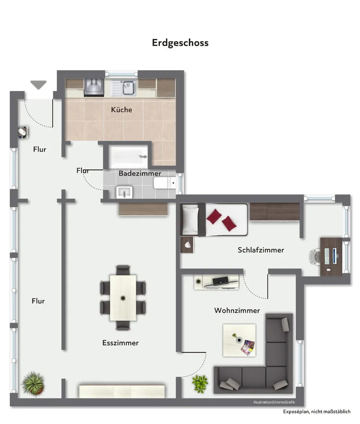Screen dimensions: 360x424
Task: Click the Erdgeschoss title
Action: point(180,43)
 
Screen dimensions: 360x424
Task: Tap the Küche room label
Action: point(122,110)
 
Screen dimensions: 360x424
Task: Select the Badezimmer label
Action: point(140,174)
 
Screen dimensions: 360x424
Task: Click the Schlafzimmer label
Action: point(261,250)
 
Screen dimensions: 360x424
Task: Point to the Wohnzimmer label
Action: point(237,311)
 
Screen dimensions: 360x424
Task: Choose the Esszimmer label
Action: point(120,343)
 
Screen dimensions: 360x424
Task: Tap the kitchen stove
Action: point(94,87)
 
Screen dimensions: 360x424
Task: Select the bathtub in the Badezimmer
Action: point(128,157)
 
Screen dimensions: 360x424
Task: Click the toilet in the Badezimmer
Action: point(165,183)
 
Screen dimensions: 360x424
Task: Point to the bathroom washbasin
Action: point(124,192)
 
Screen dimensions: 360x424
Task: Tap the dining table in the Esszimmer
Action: point(123,298)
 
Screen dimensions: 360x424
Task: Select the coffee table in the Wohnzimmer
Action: point(239,340)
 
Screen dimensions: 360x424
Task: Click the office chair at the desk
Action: point(315,256)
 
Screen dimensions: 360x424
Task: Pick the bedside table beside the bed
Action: point(187,245)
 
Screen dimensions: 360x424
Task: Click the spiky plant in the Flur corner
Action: point(33,383)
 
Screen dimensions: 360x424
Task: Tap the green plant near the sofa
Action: point(200,384)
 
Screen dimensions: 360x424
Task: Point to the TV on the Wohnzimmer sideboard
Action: point(220,281)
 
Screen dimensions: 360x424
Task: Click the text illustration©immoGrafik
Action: point(274,402)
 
